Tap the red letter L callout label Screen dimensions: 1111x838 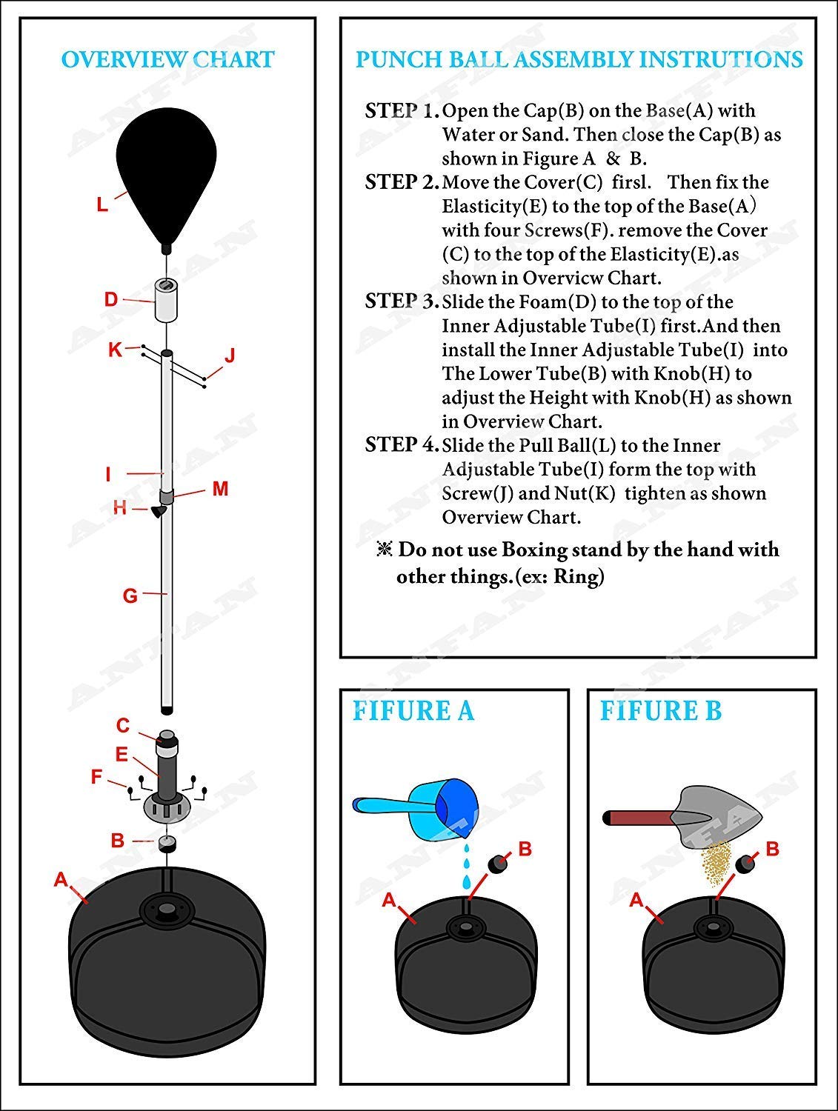pyautogui.click(x=102, y=204)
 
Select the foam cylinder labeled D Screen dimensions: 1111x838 pyautogui.click(x=167, y=299)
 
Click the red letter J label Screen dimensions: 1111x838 pyautogui.click(x=230, y=356)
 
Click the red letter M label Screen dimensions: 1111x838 pyautogui.click(x=220, y=489)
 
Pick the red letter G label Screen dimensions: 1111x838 pyautogui.click(x=130, y=595)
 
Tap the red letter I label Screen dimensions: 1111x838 pyautogui.click(x=108, y=474)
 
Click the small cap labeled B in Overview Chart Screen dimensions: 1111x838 pyautogui.click(x=167, y=843)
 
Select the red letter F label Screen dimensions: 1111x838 pyautogui.click(x=96, y=777)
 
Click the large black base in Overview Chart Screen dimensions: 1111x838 pyautogui.click(x=167, y=963)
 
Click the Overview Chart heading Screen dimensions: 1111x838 pyautogui.click(x=167, y=59)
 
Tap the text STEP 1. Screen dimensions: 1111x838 pyautogui.click(x=402, y=111)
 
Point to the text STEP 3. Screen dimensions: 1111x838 pyautogui.click(x=402, y=301)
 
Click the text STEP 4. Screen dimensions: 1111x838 pyautogui.click(x=402, y=445)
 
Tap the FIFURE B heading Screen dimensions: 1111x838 pyautogui.click(x=660, y=711)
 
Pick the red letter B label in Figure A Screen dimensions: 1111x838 pyautogui.click(x=525, y=849)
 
